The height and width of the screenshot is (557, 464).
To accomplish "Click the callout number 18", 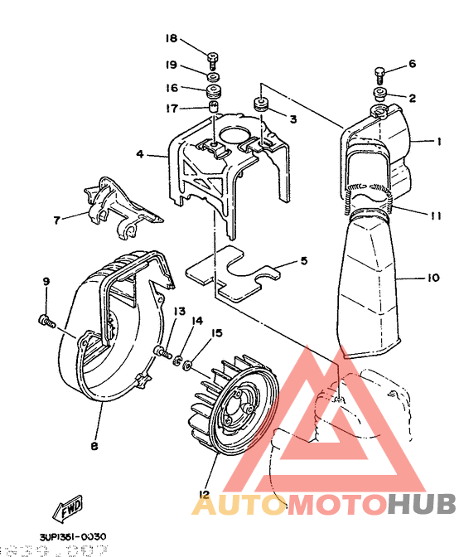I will pyautogui.click(x=172, y=39).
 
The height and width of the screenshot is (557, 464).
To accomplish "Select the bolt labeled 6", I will pyautogui.click(x=380, y=72).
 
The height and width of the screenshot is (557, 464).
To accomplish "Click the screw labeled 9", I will pyautogui.click(x=46, y=317).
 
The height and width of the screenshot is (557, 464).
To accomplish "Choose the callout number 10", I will pyautogui.click(x=433, y=279).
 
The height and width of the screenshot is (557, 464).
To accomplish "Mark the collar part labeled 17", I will pyautogui.click(x=213, y=108).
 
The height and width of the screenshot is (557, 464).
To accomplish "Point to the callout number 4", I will pyautogui.click(x=140, y=154).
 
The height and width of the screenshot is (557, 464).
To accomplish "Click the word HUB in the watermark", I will pyautogui.click(x=421, y=503).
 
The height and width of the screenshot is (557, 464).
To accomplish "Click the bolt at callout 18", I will pyautogui.click(x=213, y=57).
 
